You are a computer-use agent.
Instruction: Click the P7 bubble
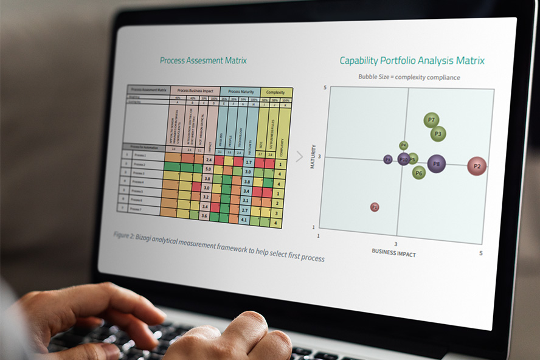click(431, 120)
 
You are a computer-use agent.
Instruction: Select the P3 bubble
click(438, 134)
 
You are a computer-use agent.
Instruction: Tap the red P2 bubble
click(477, 166)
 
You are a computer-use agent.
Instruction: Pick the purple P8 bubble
click(436, 164)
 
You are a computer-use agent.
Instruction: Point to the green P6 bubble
click(418, 173)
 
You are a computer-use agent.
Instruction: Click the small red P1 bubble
click(375, 207)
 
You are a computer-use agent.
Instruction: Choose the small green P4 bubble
click(404, 146)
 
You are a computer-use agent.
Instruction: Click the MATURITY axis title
click(313, 156)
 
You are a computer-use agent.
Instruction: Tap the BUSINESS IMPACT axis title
click(393, 253)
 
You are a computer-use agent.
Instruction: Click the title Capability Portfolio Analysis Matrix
click(412, 61)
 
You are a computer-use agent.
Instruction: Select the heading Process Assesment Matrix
click(203, 60)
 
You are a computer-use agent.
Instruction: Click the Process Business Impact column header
click(195, 91)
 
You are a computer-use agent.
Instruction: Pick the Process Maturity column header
click(240, 92)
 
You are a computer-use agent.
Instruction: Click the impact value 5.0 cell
click(208, 170)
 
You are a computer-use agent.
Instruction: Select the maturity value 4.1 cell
click(244, 220)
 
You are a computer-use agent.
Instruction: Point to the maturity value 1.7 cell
click(247, 162)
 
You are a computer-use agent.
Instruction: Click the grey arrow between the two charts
click(299, 157)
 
